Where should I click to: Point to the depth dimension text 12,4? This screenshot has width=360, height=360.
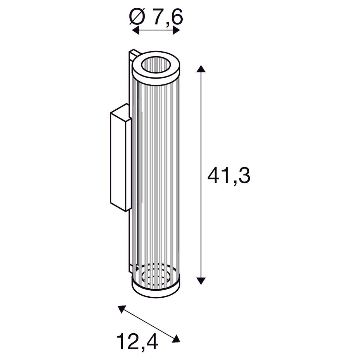tap(137, 334)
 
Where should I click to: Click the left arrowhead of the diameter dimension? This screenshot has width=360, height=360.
tap(136, 30)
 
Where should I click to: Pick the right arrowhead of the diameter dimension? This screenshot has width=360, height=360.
tap(176, 30)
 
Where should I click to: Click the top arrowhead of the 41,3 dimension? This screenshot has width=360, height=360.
tap(201, 69)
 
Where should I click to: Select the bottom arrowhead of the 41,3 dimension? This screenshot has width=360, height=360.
tap(201, 286)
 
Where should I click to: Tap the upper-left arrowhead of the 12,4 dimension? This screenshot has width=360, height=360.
tap(121, 309)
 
